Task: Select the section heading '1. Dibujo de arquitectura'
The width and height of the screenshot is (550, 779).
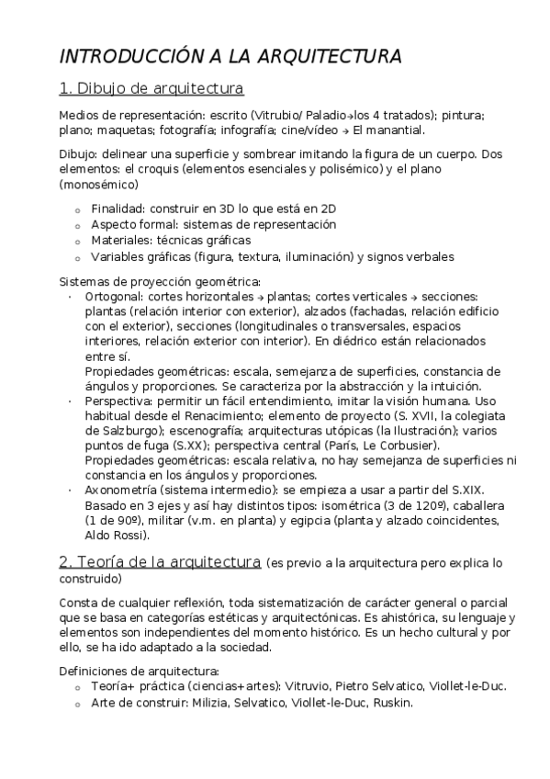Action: click(x=151, y=89)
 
